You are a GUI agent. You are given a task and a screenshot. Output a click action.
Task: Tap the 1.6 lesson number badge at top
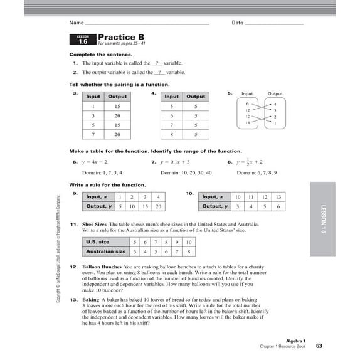point(83,41)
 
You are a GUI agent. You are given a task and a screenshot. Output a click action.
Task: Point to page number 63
point(319,346)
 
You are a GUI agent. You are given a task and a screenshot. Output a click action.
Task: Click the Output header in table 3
point(117,97)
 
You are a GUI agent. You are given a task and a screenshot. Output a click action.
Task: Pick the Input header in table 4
point(171,97)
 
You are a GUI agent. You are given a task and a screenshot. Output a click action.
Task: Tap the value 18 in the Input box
point(248,123)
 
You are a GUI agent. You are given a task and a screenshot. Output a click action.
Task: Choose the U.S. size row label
point(97,241)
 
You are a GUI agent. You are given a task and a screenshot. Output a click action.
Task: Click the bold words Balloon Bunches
point(102,266)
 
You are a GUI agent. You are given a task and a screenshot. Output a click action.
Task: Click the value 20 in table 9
point(159,206)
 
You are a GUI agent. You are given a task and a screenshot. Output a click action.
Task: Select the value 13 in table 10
point(278,197)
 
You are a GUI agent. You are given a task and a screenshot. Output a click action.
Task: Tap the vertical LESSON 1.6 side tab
point(325,219)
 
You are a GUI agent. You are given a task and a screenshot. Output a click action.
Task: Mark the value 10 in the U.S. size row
point(188,241)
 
